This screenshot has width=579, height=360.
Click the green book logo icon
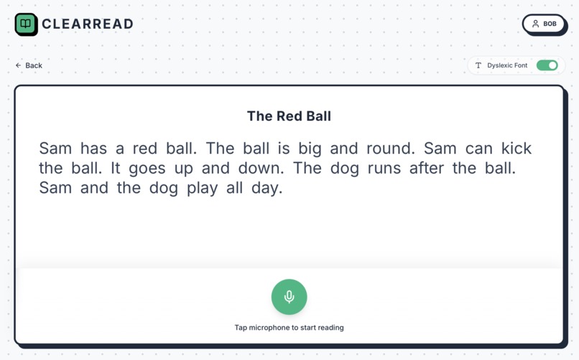[26, 24]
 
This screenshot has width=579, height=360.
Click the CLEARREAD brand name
[88, 24]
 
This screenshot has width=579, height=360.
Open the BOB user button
[544, 24]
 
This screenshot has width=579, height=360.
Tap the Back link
[29, 65]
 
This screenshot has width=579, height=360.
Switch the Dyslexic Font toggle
[547, 65]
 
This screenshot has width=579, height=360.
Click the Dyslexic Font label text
[507, 65]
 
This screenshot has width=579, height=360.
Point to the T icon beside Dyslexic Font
[478, 65]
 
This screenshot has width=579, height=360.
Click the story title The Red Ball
[289, 116]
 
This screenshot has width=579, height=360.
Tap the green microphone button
[289, 297]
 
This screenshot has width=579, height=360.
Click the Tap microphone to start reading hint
[289, 328]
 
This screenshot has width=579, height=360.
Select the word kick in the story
[516, 149]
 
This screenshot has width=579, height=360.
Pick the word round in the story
[389, 149]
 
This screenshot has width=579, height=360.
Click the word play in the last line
[202, 189]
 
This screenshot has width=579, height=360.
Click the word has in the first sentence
[93, 149]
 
